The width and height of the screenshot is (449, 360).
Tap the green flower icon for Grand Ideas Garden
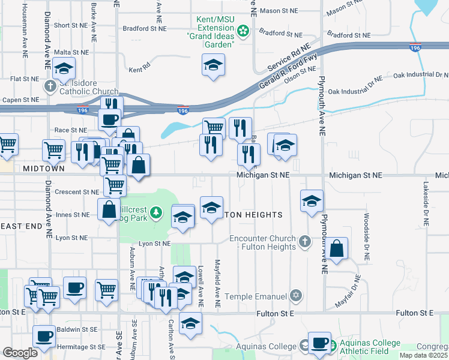click(243, 30)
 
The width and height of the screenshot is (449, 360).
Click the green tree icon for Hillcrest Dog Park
click(156, 212)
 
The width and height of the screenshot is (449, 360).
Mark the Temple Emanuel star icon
click(295, 296)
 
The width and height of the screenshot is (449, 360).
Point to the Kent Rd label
click(139, 70)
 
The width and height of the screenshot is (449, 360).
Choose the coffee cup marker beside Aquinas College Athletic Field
click(319, 343)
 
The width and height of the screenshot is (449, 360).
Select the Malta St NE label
click(71, 52)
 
